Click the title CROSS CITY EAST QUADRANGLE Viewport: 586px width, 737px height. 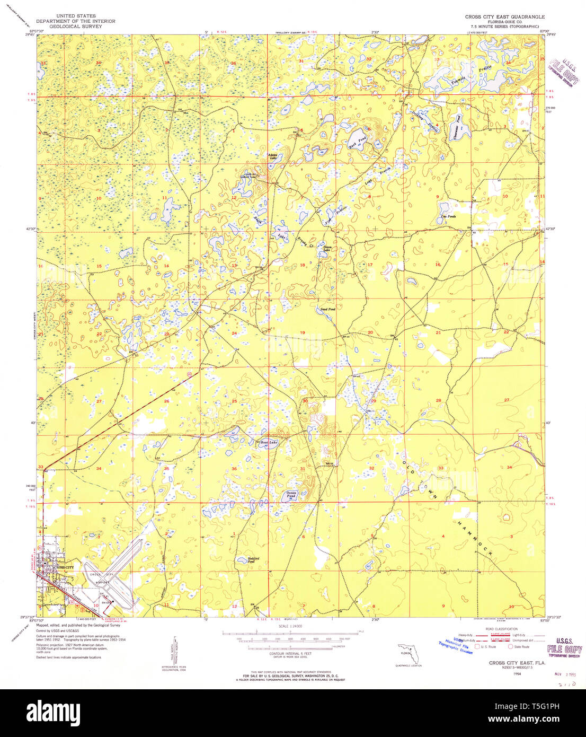pyautogui.click(x=504, y=17)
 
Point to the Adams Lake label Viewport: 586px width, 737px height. pyautogui.click(x=273, y=156)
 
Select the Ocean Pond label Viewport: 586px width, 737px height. pyautogui.click(x=291, y=494)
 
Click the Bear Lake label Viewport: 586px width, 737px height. pyautogui.click(x=269, y=442)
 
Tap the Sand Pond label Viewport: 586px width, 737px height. pyautogui.click(x=327, y=309)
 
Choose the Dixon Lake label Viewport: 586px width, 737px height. pyautogui.click(x=327, y=248)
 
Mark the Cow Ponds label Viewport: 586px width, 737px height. pyautogui.click(x=448, y=216)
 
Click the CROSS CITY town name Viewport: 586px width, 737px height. pyautogui.click(x=64, y=567)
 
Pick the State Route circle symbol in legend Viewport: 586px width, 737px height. pyautogui.click(x=510, y=646)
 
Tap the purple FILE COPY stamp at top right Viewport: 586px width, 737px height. pyautogui.click(x=564, y=73)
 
